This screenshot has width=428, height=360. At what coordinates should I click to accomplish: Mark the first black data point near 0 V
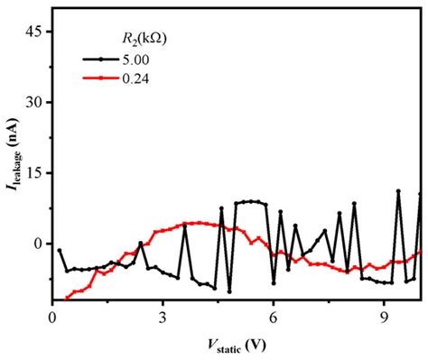pos(60,250)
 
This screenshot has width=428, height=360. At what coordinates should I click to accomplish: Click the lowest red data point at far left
pos(67,298)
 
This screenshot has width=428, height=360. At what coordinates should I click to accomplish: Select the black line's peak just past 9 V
pos(398,191)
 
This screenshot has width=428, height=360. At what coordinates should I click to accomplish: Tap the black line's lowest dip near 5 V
pos(229,291)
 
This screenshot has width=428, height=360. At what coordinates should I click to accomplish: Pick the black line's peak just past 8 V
pos(354,204)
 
